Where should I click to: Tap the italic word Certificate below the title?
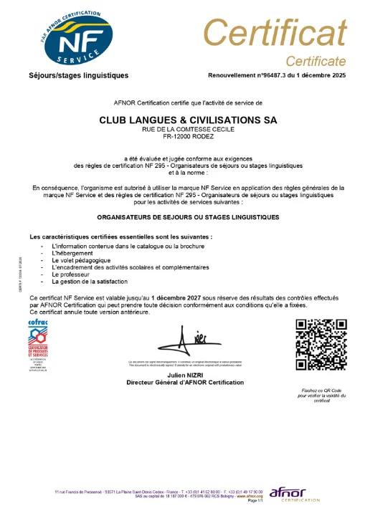click(316, 60)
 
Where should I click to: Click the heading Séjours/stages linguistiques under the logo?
click(78, 75)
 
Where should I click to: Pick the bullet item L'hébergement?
click(72, 253)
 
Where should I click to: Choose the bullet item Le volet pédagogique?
click(81, 260)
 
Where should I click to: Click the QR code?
click(321, 345)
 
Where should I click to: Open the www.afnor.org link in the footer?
click(250, 496)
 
